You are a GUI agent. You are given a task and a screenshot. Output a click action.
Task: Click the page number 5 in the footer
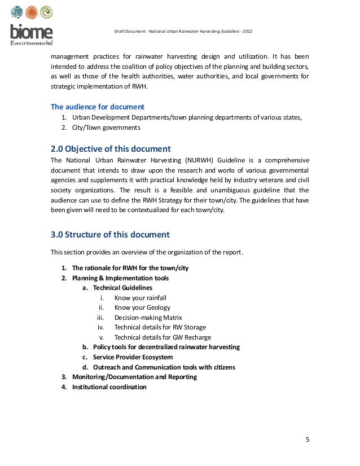pos(307,440)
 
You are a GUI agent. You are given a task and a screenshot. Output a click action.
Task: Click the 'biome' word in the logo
pos(31,32)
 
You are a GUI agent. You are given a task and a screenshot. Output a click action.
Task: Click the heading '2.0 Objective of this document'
pos(111,149)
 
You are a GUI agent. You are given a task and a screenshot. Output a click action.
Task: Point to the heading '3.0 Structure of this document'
pos(110,234)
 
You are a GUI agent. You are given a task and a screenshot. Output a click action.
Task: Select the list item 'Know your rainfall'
pos(140,297)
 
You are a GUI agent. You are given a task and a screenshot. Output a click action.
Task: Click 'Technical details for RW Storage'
pos(160,327)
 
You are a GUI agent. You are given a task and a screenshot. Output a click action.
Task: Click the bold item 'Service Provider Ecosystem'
pos(133,357)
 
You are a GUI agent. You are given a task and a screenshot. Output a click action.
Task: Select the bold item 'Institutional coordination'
pos(109,387)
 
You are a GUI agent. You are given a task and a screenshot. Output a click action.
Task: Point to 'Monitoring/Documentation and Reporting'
pos(134,377)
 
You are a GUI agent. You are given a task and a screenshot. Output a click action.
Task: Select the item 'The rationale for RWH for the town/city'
pos(130,268)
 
